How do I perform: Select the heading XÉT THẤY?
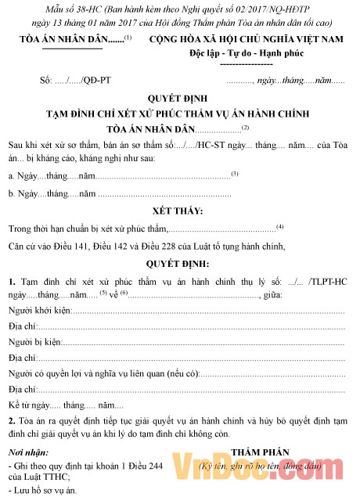(x=179, y=211)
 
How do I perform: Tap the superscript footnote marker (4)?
(x=279, y=226)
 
